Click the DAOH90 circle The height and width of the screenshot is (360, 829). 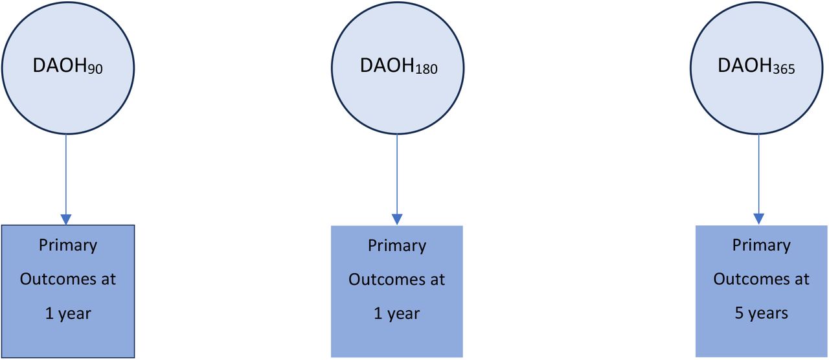pyautogui.click(x=68, y=68)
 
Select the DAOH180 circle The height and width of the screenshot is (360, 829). pyautogui.click(x=398, y=68)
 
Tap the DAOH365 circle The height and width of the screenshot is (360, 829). pyautogui.click(x=756, y=68)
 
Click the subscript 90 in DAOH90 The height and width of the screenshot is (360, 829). pyautogui.click(x=95, y=69)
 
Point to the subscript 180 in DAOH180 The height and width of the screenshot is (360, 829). pyautogui.click(x=426, y=69)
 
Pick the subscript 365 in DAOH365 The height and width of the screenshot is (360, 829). pyautogui.click(x=784, y=69)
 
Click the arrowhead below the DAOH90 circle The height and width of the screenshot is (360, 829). pyautogui.click(x=66, y=219)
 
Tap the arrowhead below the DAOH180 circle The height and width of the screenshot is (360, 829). pyautogui.click(x=397, y=219)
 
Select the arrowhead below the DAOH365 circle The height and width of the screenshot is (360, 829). pyautogui.click(x=758, y=219)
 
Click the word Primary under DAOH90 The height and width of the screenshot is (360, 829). pyautogui.click(x=68, y=246)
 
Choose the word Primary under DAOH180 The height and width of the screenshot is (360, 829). pyautogui.click(x=397, y=247)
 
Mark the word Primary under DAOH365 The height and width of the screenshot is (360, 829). pyautogui.click(x=762, y=246)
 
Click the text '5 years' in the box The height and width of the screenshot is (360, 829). pyautogui.click(x=761, y=313)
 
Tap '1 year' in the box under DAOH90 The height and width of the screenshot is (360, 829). pyautogui.click(x=68, y=314)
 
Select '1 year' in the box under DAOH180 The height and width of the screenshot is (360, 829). pyautogui.click(x=397, y=314)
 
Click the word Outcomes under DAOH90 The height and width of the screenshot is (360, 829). pyautogui.click(x=56, y=279)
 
